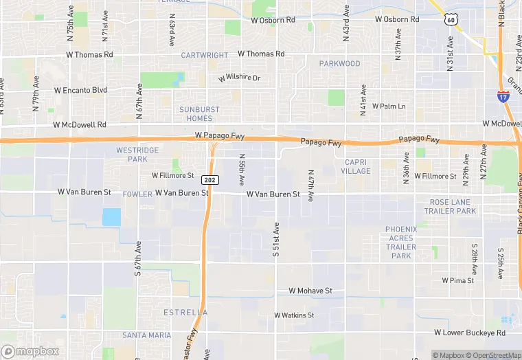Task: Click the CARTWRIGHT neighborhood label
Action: click(x=203, y=55)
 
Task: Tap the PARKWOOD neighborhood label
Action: click(x=339, y=64)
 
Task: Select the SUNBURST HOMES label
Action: click(x=200, y=114)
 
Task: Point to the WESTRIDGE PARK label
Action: click(x=137, y=155)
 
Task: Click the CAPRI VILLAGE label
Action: click(x=355, y=167)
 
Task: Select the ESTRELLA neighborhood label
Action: click(x=185, y=313)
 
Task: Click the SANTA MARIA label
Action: click(x=146, y=335)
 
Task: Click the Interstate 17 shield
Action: click(x=503, y=97)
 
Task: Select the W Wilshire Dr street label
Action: click(x=240, y=78)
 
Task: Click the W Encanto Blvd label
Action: click(x=80, y=90)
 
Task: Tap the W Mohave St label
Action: click(x=310, y=291)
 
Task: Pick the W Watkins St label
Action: click(x=294, y=315)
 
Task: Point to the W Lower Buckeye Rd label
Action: click(x=470, y=333)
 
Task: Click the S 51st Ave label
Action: click(x=276, y=240)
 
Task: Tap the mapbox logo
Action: click(x=30, y=351)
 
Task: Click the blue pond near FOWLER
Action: click(x=111, y=217)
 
